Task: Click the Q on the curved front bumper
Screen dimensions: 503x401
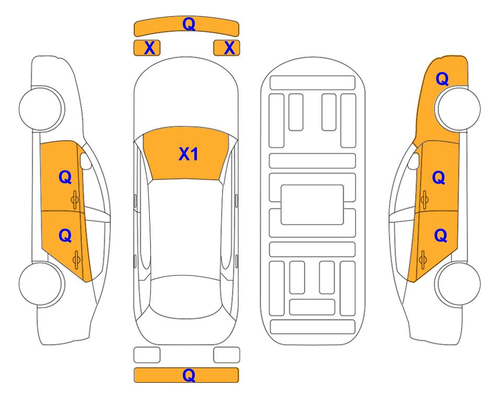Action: [x=189, y=23]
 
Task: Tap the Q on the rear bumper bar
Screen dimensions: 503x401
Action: [x=189, y=375]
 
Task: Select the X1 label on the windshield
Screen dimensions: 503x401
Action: [x=189, y=154]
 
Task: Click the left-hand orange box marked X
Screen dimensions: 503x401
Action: [x=147, y=48]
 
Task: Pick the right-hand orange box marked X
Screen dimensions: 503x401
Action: [x=227, y=48]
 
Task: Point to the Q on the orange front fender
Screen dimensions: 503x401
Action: [x=442, y=79]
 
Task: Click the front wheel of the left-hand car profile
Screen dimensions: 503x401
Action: [x=41, y=109]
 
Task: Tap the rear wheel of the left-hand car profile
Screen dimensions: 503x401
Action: [x=41, y=284]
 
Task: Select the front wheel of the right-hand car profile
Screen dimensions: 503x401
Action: [x=458, y=109]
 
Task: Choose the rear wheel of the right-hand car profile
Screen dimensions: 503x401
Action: [x=458, y=284]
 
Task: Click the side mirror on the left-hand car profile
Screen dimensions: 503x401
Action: [x=86, y=161]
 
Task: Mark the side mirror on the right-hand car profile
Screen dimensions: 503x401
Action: [x=414, y=161]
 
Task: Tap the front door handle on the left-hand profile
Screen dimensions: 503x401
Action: [x=75, y=199]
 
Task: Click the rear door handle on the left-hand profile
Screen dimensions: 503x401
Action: [x=76, y=260]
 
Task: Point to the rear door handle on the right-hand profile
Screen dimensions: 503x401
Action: [x=423, y=260]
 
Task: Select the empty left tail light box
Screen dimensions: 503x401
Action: [x=147, y=355]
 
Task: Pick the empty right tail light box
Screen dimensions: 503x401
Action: [x=227, y=355]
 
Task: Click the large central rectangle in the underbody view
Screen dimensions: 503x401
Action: [x=312, y=205]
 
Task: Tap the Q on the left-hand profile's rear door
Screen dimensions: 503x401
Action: [x=65, y=236]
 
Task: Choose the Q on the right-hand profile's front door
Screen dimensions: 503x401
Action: [x=439, y=178]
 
